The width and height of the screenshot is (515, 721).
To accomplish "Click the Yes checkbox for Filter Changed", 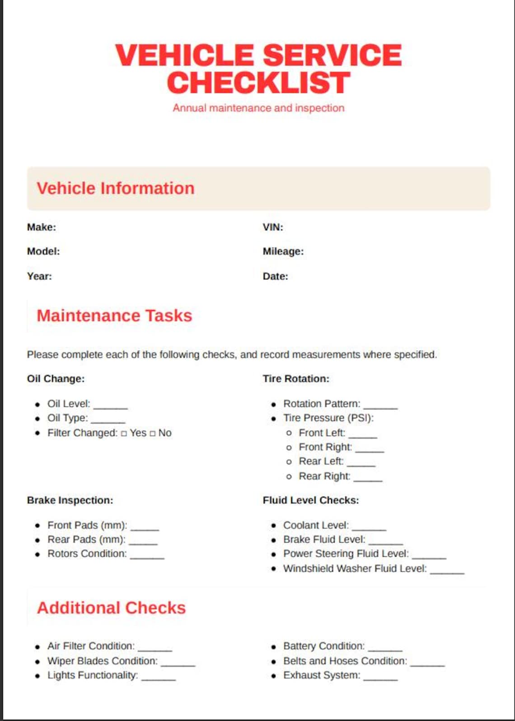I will point(124,434).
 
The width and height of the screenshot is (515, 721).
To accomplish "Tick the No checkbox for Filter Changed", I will point(152,434).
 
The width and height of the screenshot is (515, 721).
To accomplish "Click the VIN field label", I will point(273,227).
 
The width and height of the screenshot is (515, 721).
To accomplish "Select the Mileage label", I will point(283,251).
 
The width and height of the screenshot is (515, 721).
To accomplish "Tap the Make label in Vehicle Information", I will point(42,227).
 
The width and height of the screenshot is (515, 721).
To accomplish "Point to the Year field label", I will point(39,276).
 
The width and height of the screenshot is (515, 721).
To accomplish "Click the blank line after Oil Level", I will point(111,406).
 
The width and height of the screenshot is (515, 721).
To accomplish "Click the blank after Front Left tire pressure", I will point(363,435).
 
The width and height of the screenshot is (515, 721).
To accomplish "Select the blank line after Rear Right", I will point(368,479).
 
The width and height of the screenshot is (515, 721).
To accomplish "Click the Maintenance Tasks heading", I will point(114,316).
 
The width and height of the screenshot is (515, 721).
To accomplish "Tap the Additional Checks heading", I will point(111,608).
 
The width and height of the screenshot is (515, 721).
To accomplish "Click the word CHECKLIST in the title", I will point(258,83).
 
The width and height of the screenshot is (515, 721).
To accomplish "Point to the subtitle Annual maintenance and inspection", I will point(258,108).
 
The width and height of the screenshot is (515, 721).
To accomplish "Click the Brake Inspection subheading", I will point(70,500).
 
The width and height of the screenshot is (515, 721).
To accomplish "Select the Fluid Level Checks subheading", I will point(311,500).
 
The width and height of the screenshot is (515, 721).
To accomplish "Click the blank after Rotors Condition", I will point(147,556).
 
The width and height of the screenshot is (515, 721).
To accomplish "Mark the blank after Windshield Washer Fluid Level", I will point(447,571).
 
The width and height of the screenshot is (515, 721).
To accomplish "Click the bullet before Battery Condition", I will point(274,647).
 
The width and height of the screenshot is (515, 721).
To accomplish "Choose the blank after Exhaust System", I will point(380,678).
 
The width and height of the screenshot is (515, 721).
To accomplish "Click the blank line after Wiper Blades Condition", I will point(178,663).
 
